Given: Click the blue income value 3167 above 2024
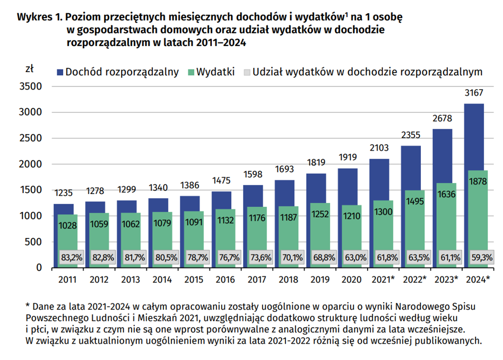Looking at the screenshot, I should coord(474,93).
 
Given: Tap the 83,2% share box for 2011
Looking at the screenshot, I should coord(72,258).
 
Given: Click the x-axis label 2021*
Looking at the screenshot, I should coord(383,279).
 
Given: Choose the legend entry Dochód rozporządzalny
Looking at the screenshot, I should coord(122,72).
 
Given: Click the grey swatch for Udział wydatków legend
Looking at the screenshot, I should coord(247,72).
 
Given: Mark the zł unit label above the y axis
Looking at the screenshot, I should coord(30,69).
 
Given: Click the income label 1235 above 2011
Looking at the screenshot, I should coord(64,193).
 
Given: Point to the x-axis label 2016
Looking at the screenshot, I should coord(224,279).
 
